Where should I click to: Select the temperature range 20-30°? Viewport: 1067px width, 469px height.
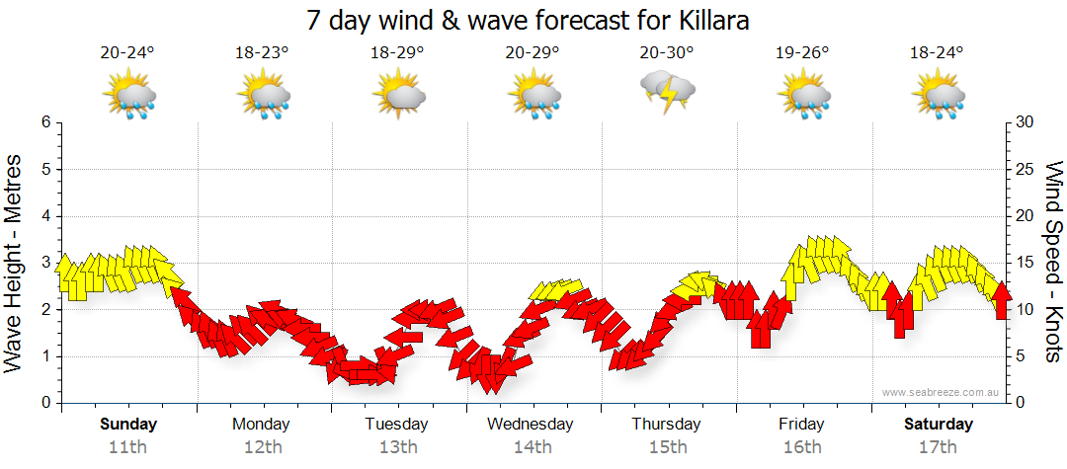(667, 52)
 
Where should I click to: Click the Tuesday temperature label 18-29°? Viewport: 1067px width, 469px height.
(397, 52)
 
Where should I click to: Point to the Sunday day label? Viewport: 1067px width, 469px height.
(127, 425)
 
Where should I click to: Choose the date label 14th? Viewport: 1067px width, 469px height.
(532, 446)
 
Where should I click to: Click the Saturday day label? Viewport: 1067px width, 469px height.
(939, 425)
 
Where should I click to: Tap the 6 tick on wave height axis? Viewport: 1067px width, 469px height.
(45, 122)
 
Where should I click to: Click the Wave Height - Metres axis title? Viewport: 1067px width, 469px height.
(16, 263)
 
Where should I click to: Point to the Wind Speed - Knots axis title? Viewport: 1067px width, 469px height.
(1053, 263)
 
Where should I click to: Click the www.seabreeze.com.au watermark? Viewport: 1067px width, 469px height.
(943, 393)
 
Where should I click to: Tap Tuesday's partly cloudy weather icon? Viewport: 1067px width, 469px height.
(397, 96)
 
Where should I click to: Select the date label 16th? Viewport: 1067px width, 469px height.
(801, 446)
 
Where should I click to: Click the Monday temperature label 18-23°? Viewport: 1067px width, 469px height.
(262, 52)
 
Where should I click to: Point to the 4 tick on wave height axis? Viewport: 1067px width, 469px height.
(45, 216)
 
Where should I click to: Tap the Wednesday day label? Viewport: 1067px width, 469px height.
(532, 425)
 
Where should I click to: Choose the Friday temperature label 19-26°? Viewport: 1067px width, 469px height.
(801, 52)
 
